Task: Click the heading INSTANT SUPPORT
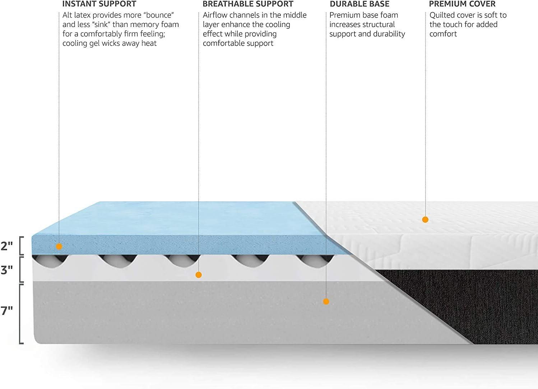[99, 4]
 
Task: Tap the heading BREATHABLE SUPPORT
[248, 4]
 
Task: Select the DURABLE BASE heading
[360, 4]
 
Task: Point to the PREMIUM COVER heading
[462, 4]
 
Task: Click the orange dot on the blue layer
[59, 246]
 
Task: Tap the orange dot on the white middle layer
[199, 275]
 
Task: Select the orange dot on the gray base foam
[326, 302]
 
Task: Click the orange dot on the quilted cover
[425, 220]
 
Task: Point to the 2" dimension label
[6, 246]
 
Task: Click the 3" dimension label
[6, 270]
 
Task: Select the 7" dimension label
[6, 311]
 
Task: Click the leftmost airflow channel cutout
[50, 261]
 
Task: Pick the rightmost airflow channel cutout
[315, 261]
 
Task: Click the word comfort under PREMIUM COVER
[443, 34]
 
